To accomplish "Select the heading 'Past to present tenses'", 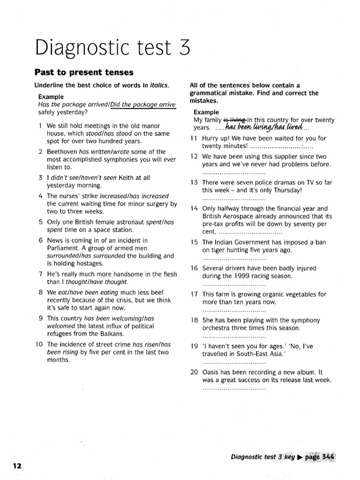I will point(84,72).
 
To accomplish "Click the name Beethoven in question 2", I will point(62,151).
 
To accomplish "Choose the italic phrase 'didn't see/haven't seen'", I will point(81,178).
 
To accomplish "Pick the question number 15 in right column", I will point(194,242).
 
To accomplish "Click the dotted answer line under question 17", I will point(234,310).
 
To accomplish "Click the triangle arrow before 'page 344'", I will point(300,456).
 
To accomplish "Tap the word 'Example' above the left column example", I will point(51,97).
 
